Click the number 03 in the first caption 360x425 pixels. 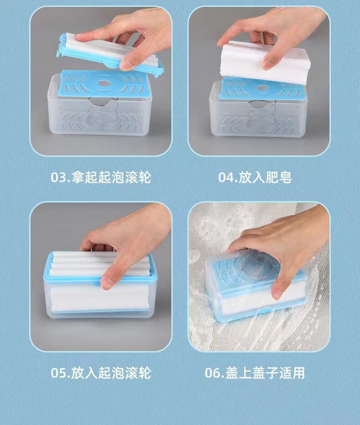point(59,177)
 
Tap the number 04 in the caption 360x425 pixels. point(226,177)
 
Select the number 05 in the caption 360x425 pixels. point(59,373)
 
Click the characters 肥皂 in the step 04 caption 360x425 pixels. point(278,177)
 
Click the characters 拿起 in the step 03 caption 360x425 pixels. point(84,177)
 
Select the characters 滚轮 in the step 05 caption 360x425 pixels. point(138,373)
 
